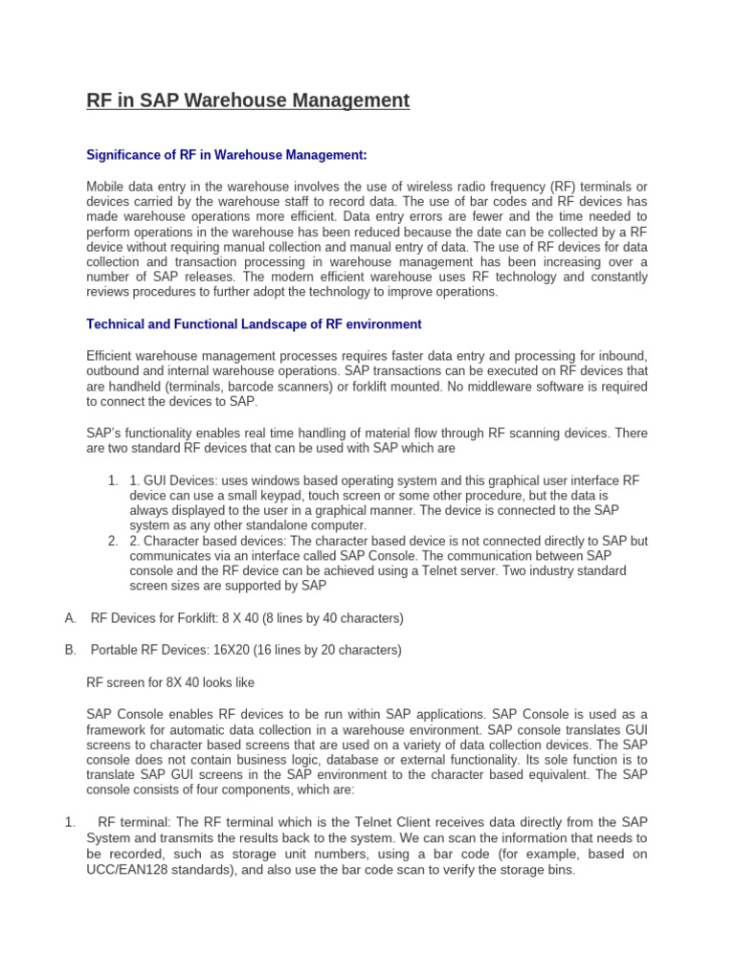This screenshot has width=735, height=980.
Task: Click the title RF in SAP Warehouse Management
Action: [248, 100]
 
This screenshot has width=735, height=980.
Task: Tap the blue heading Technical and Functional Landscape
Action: [254, 324]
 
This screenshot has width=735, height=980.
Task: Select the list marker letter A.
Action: [70, 618]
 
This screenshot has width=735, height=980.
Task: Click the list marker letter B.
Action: [70, 650]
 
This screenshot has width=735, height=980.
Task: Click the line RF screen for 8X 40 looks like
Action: [170, 682]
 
